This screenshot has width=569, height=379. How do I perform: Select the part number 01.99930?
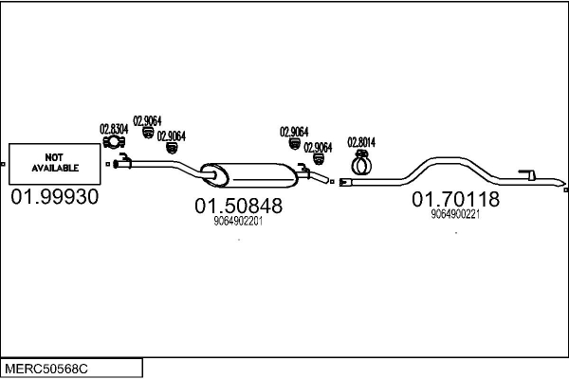click(55, 198)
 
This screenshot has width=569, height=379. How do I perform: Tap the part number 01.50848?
click(239, 205)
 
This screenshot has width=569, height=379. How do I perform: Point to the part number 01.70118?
click(455, 200)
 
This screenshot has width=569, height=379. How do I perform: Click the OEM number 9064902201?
click(239, 222)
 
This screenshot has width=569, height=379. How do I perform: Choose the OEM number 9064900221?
click(455, 214)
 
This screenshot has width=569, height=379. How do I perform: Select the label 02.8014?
click(361, 142)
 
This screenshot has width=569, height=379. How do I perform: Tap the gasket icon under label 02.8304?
click(114, 144)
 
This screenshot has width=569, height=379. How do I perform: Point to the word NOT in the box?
click(55, 157)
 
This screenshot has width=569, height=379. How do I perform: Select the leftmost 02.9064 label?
click(147, 120)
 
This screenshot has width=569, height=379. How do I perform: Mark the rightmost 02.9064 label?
click(318, 147)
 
